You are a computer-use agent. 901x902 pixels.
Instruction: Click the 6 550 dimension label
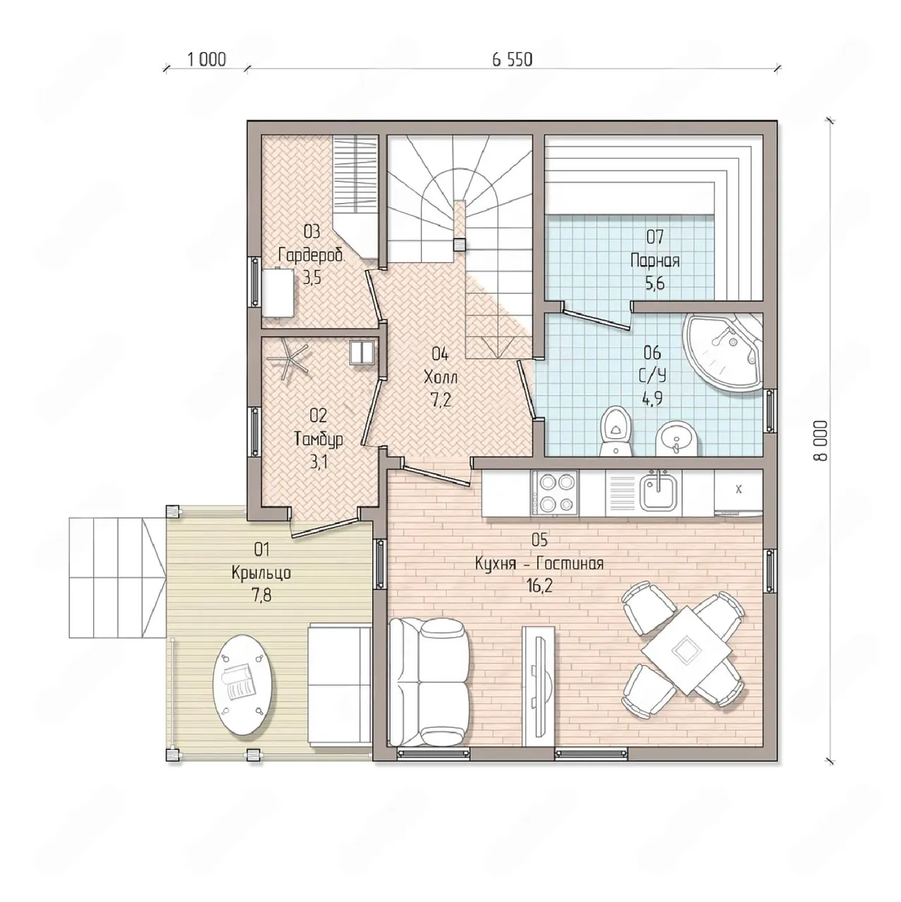[513, 60]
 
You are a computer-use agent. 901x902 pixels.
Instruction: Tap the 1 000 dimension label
[207, 60]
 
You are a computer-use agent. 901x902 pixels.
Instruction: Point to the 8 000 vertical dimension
[821, 440]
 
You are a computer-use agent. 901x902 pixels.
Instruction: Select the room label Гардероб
[311, 256]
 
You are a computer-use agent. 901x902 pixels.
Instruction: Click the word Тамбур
[319, 439]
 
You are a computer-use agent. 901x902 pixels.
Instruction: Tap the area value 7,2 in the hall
[440, 400]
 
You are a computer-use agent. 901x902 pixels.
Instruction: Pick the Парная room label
[655, 260]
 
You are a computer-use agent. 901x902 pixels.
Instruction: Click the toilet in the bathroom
[616, 431]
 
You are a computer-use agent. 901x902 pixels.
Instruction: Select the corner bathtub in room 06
[723, 352]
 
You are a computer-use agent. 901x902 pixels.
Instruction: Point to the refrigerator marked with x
[739, 492]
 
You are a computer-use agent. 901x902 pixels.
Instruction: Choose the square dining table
[685, 650]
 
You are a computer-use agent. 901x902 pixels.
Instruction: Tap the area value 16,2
[539, 586]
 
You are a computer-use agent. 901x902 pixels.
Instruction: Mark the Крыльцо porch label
[262, 573]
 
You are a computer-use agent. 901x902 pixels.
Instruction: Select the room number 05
[539, 540]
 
